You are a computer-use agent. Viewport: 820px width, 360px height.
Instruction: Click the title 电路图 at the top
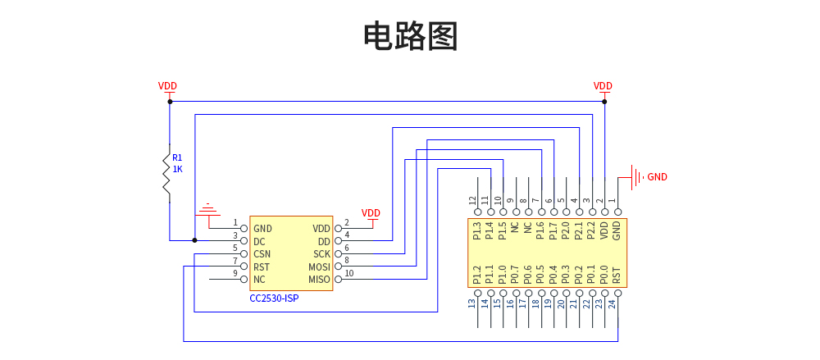(x=410, y=37)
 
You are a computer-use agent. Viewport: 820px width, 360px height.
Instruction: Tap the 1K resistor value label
(x=177, y=169)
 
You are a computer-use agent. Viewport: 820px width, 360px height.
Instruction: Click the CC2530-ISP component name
(x=274, y=298)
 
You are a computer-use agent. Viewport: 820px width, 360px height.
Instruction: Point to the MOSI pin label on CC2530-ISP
(x=319, y=267)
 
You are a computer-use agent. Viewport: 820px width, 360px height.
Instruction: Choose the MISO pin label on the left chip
(x=319, y=280)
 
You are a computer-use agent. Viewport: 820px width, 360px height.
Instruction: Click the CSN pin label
(x=262, y=254)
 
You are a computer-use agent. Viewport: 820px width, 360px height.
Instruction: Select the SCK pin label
(x=321, y=254)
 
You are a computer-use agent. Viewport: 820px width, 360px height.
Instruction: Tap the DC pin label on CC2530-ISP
(x=259, y=242)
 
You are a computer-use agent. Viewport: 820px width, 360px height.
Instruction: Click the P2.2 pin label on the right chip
(x=590, y=232)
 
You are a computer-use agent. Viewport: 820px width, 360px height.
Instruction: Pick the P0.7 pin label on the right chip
(x=515, y=273)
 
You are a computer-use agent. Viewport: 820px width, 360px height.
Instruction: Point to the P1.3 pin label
(x=477, y=232)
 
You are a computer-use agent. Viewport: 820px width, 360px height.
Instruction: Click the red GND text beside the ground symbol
(x=658, y=176)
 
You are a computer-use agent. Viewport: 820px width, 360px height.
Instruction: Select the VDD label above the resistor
(x=167, y=86)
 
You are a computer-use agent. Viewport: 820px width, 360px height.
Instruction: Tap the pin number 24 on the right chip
(x=617, y=304)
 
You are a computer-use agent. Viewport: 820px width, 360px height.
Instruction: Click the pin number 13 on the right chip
(x=472, y=304)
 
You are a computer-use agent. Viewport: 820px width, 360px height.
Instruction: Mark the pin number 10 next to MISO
(x=348, y=274)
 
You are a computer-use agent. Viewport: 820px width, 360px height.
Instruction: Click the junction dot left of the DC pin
(x=194, y=240)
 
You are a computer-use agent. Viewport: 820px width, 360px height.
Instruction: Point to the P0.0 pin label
(x=604, y=273)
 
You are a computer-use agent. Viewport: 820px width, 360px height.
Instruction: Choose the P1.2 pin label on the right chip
(x=477, y=273)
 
